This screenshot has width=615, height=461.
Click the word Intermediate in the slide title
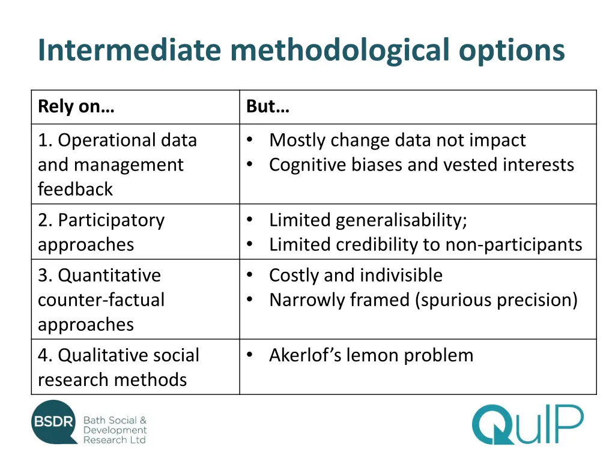(129, 50)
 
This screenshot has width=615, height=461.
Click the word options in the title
(512, 50)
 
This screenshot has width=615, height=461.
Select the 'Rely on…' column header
(76, 107)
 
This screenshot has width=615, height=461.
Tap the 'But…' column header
(268, 107)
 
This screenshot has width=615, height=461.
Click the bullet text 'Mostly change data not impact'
(397, 140)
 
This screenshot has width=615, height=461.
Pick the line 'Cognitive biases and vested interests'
(421, 164)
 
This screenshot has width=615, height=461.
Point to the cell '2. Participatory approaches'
(101, 232)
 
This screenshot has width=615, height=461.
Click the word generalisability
(401, 220)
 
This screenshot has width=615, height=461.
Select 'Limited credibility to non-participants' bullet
(425, 244)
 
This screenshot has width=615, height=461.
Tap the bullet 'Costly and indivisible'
(356, 275)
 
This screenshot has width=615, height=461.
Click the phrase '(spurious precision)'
(496, 300)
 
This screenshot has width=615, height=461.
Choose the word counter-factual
(101, 300)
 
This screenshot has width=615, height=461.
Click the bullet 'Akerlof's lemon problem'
(371, 355)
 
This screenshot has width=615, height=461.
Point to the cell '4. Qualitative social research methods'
(118, 367)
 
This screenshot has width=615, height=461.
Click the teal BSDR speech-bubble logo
(55, 422)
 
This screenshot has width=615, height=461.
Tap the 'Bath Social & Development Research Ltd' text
(115, 430)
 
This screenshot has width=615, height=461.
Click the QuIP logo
(527, 424)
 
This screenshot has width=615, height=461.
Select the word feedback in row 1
(75, 189)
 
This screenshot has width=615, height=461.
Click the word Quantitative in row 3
(109, 275)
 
